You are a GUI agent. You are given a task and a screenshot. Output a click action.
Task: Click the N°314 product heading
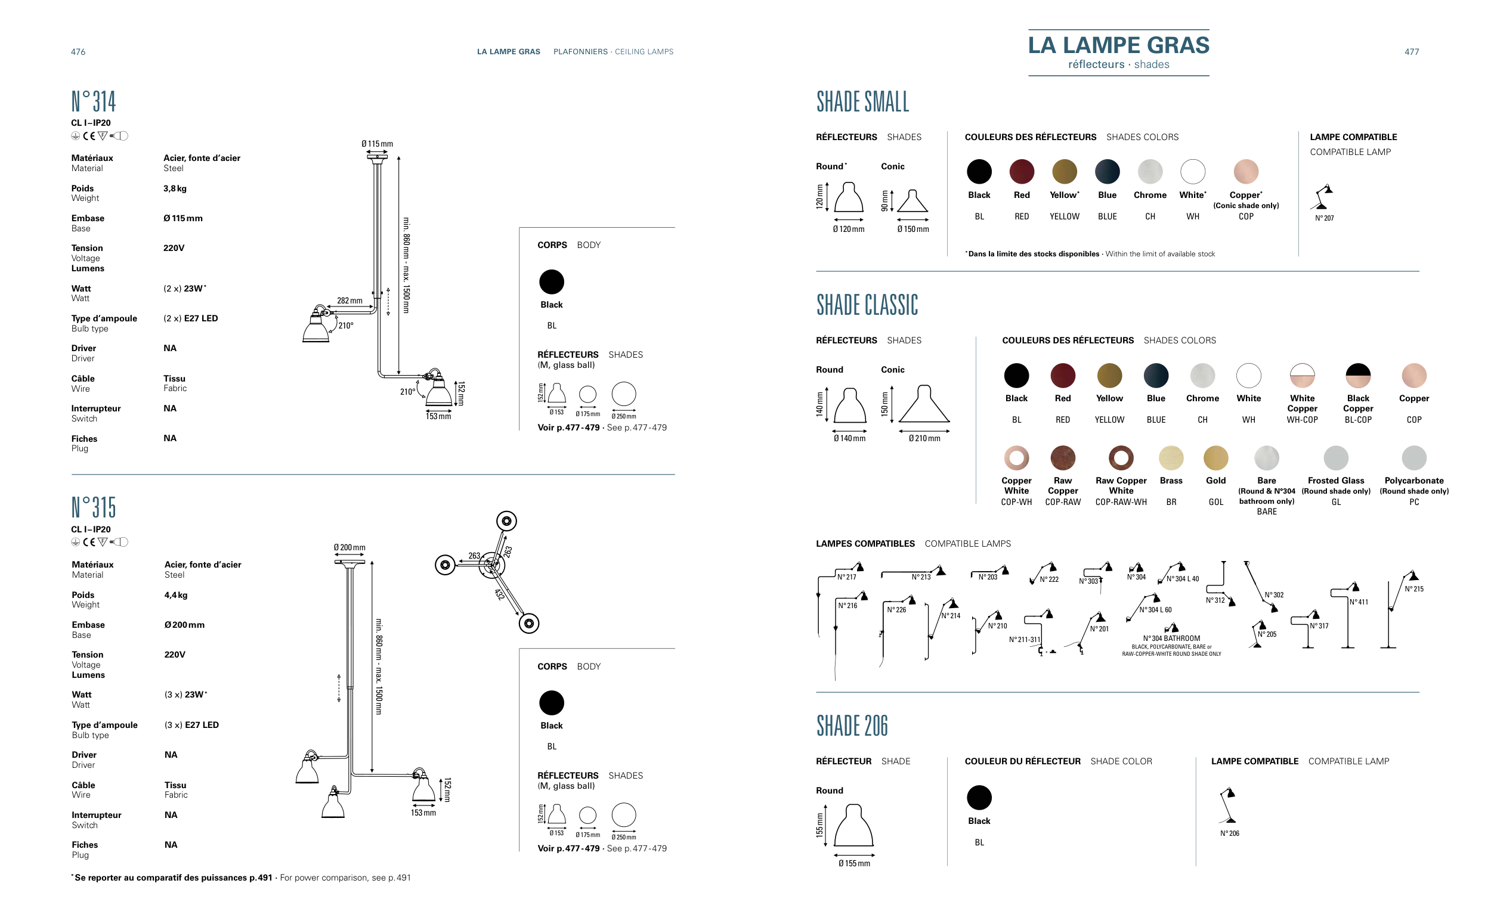point(93,101)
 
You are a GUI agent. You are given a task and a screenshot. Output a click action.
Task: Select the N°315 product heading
point(93,507)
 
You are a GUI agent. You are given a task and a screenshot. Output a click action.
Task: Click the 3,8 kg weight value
point(175,188)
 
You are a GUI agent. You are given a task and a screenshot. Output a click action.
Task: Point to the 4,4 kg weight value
point(176,594)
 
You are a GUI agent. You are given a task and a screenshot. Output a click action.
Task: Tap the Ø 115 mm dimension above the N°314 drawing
point(377,144)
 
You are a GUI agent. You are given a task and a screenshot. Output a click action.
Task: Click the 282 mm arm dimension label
point(349,300)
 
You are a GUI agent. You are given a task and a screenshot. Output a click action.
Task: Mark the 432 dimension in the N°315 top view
point(499,594)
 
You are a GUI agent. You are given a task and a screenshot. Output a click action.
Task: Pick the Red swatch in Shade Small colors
point(1022,172)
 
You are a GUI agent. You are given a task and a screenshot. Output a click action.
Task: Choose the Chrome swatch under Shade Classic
point(1202,375)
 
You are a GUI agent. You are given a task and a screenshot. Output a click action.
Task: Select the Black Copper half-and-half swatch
point(1358,375)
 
